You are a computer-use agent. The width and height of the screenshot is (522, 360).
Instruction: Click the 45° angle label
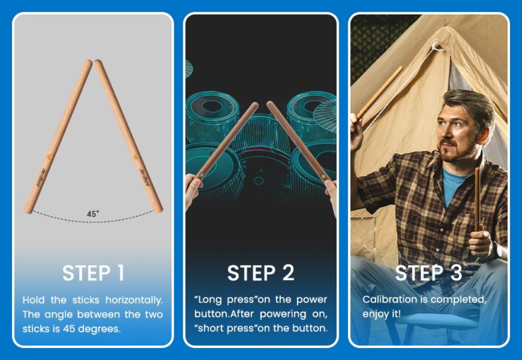[x=93, y=213]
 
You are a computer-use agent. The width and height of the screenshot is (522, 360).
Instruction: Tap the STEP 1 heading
[x=93, y=273]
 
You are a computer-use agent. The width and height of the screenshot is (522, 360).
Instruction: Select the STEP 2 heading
[x=260, y=273]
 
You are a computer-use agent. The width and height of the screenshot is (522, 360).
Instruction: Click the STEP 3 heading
[x=429, y=273]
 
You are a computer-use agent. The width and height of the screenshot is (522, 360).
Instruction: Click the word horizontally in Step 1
[x=134, y=300]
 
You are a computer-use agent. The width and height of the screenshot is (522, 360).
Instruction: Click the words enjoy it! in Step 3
[x=382, y=314]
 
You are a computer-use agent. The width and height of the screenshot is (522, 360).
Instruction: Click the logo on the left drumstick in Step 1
[x=41, y=177]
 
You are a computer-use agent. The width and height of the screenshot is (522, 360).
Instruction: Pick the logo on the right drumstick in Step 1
[x=145, y=177]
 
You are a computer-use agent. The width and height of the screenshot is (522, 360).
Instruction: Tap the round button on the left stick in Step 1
[x=50, y=156]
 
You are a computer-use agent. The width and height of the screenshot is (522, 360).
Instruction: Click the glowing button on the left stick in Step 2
[x=201, y=175]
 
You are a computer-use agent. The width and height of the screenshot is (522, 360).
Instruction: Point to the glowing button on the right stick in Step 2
[x=322, y=175]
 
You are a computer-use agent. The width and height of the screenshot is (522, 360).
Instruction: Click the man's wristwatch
[x=499, y=249]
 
